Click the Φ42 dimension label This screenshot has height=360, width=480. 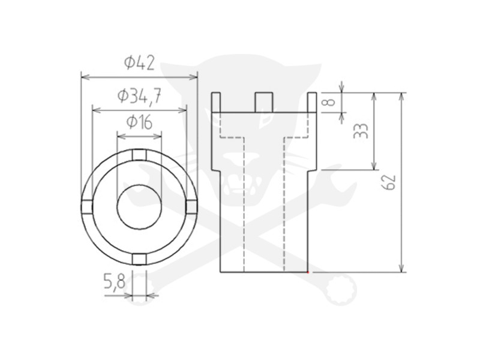tap(139, 62)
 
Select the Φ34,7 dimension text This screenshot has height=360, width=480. tap(139, 95)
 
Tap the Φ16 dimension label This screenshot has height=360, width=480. tap(139, 122)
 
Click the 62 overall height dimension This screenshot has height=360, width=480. tap(389, 182)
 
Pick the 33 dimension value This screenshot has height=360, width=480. tap(360, 131)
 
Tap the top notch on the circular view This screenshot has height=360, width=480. tap(139, 156)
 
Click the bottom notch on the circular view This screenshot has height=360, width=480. tap(139, 259)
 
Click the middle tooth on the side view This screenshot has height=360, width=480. tap(263, 101)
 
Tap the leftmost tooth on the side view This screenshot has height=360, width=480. tap(215, 102)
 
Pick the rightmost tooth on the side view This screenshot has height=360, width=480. tap(311, 102)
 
